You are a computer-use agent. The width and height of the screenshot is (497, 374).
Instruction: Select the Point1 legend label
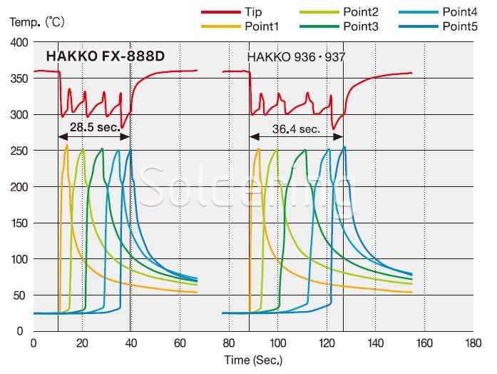[x=265, y=26]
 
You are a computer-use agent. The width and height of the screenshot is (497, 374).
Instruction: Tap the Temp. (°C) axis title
[x=37, y=22]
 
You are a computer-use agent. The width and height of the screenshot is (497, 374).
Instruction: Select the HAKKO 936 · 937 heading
[x=296, y=56]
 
